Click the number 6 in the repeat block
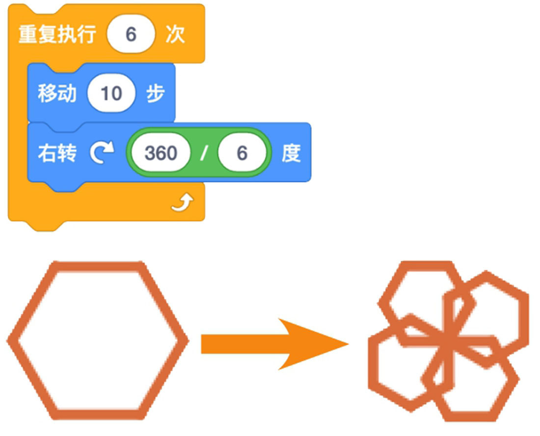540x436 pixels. pyautogui.click(x=131, y=34)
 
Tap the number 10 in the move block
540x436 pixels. pyautogui.click(x=111, y=93)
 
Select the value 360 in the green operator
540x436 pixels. pyautogui.click(x=161, y=153)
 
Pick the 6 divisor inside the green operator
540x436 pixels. pyautogui.click(x=242, y=153)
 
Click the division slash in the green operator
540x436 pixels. pyautogui.click(x=204, y=153)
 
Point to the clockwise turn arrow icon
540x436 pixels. pyautogui.click(x=102, y=153)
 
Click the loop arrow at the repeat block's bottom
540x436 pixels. pyautogui.click(x=183, y=202)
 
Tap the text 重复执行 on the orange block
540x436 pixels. pyautogui.click(x=57, y=34)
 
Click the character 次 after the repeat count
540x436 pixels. pyautogui.click(x=175, y=34)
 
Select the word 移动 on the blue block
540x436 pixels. pyautogui.click(x=57, y=93)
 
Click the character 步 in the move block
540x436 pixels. pyautogui.click(x=155, y=93)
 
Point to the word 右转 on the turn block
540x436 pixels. pyautogui.click(x=57, y=153)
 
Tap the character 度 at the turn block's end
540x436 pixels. pyautogui.click(x=291, y=153)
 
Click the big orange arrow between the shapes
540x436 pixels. pyautogui.click(x=274, y=344)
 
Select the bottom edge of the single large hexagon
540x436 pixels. pyautogui.click(x=98, y=414)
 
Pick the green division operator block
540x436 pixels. pyautogui.click(x=199, y=153)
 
